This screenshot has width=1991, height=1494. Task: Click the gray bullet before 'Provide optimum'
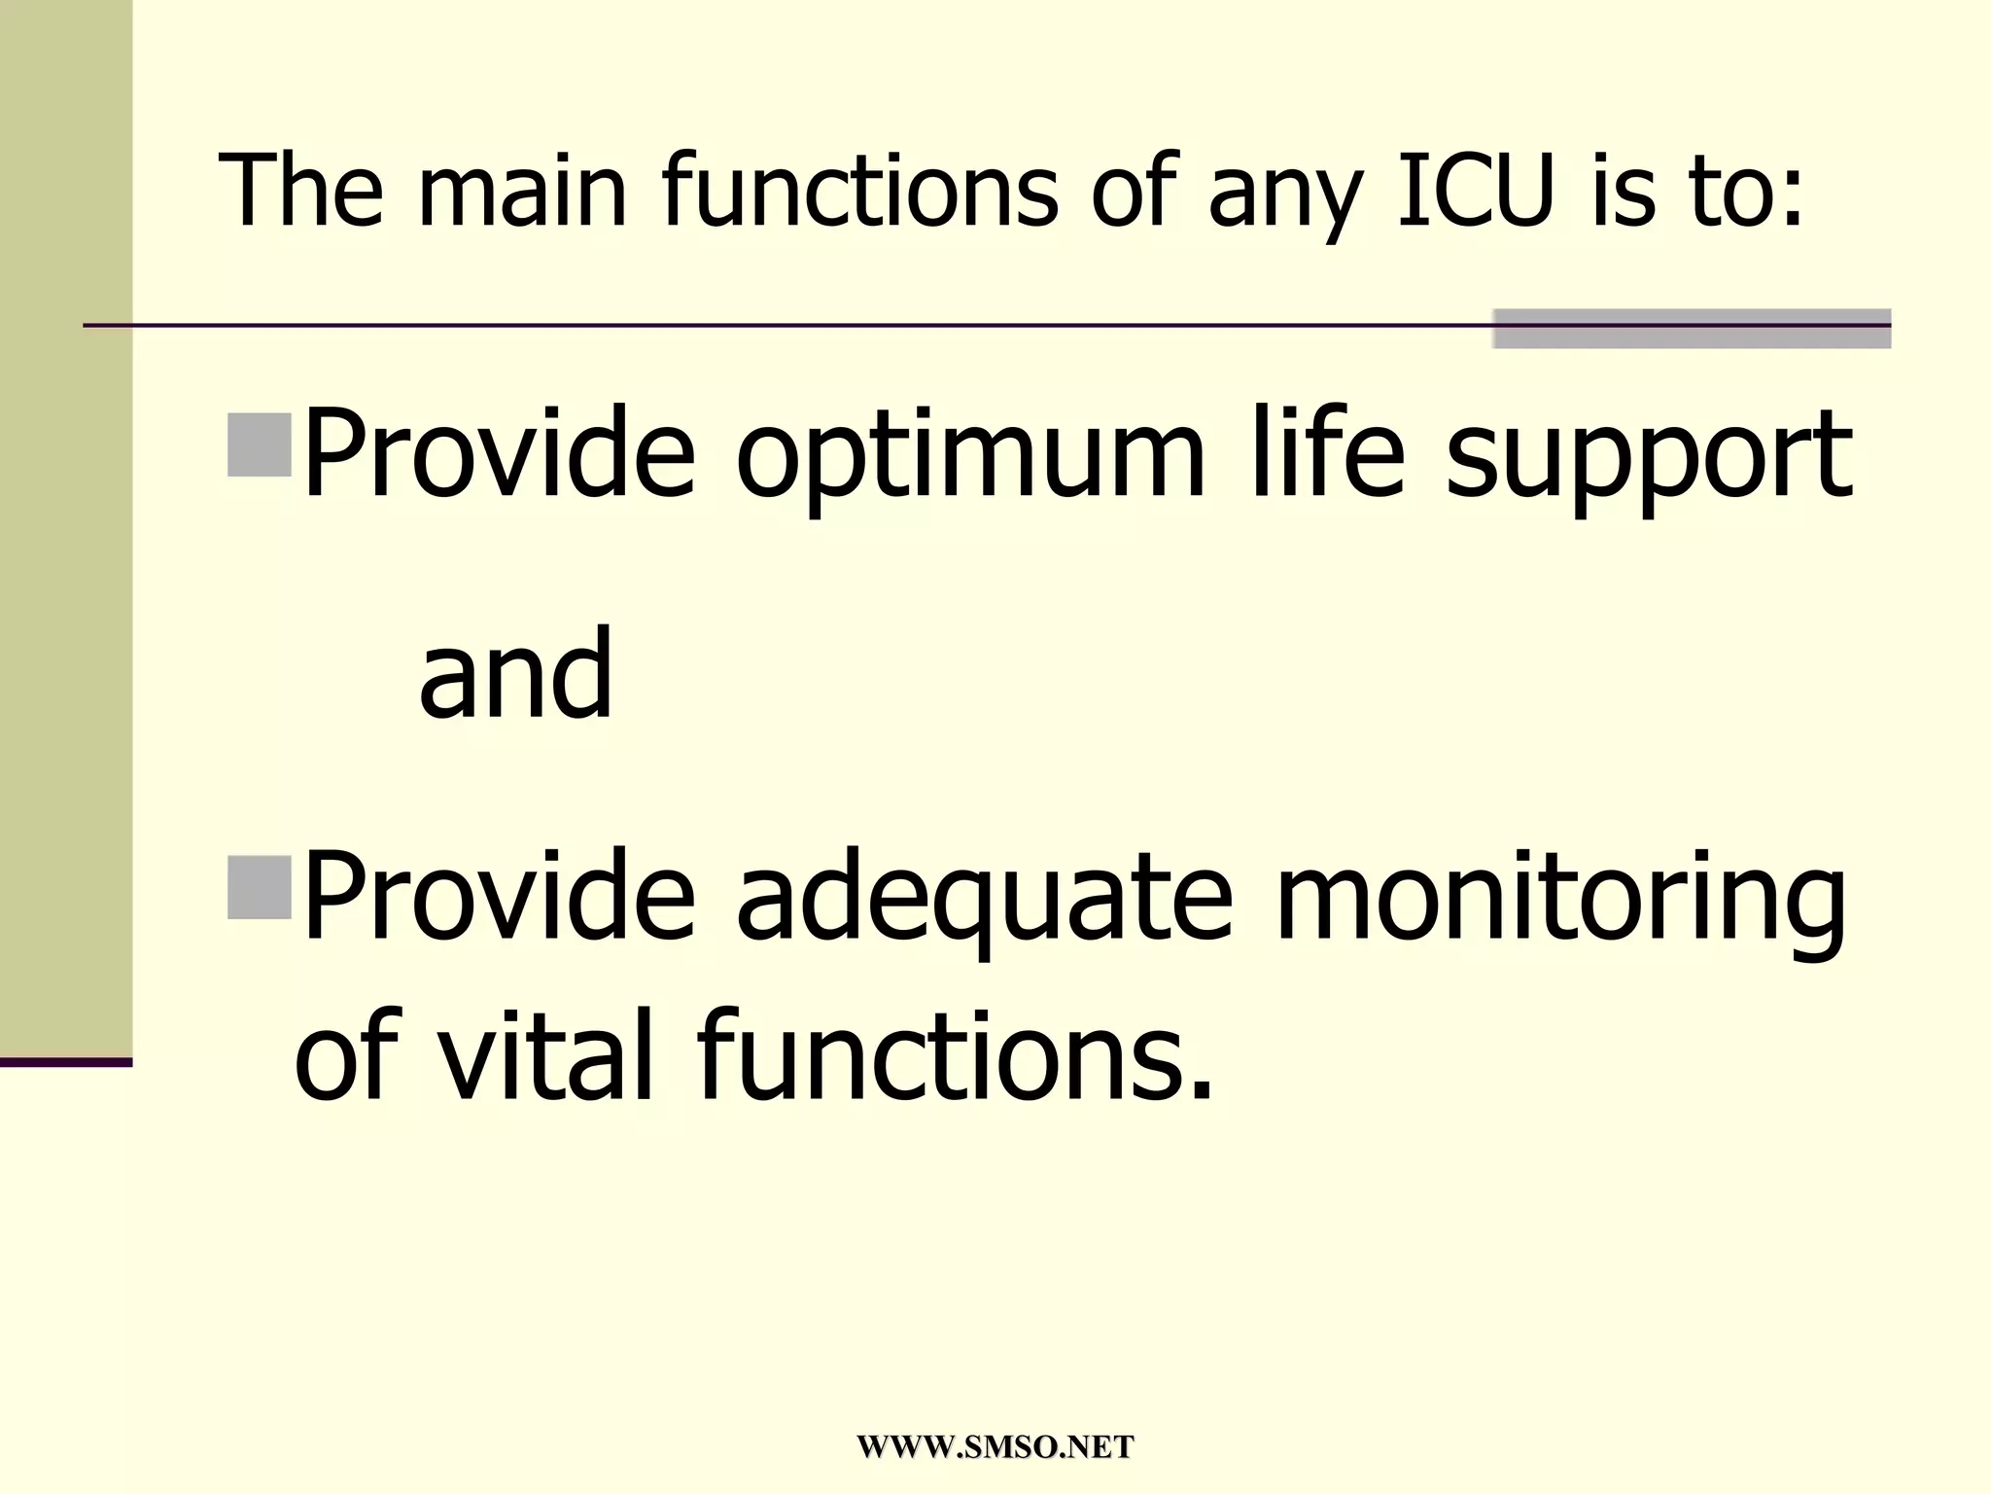(260, 445)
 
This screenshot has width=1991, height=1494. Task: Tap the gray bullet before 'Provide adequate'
(260, 887)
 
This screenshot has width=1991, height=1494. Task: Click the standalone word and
(515, 673)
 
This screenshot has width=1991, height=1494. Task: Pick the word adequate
(984, 900)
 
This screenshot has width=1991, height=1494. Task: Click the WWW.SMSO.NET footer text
(995, 1446)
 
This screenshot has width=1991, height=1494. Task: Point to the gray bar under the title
(1692, 329)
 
